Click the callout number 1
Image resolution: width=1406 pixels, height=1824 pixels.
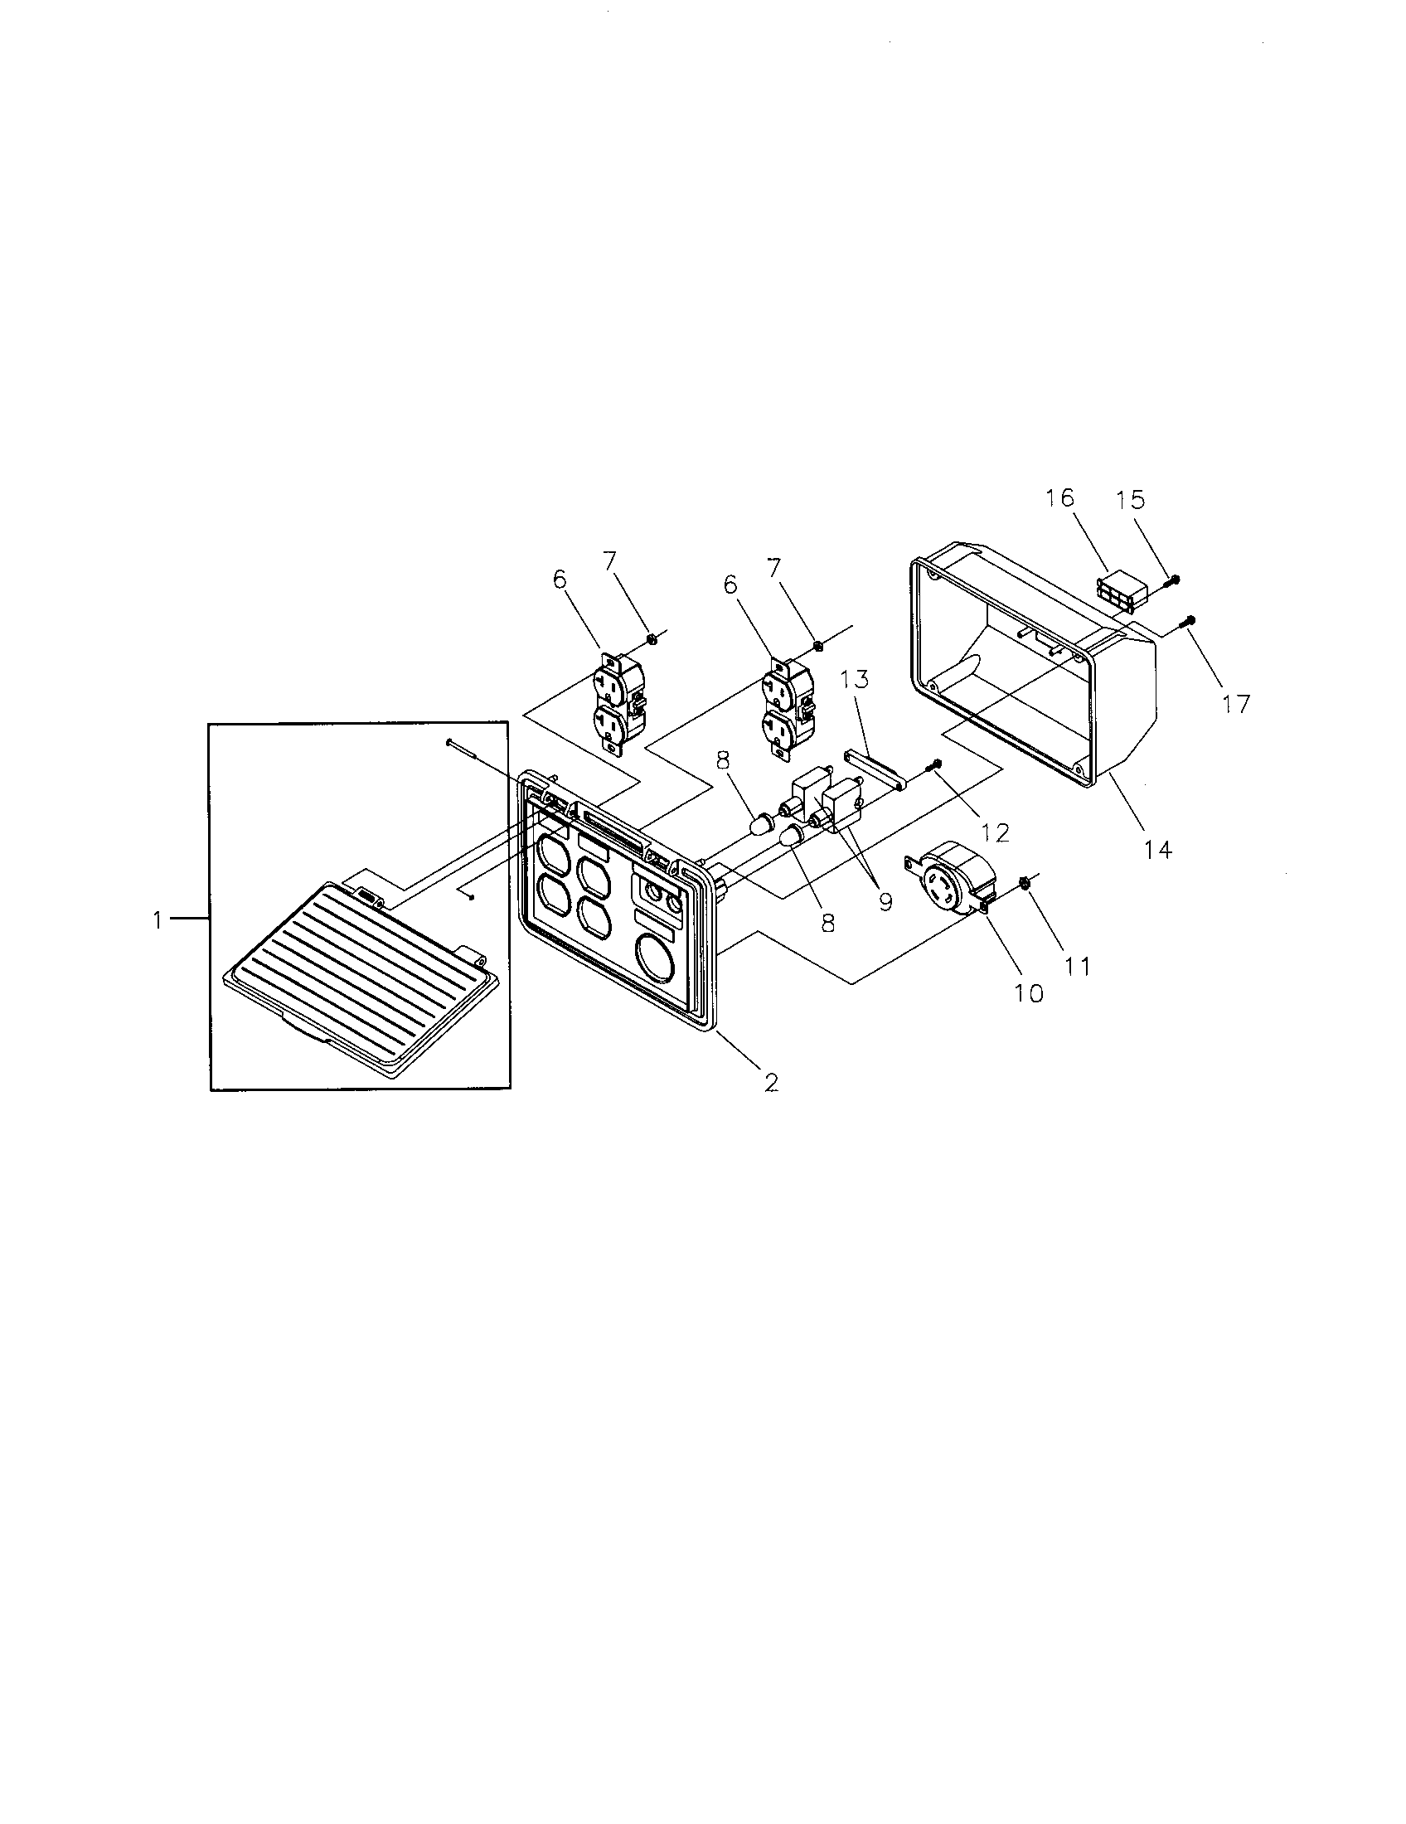(x=156, y=920)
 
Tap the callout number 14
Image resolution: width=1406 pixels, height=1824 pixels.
(x=1158, y=849)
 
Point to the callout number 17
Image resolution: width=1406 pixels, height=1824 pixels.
(x=1237, y=704)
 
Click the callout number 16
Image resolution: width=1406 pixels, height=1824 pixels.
(x=1059, y=498)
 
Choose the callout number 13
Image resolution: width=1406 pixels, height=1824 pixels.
(x=855, y=679)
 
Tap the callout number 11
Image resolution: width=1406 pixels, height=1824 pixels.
(x=1077, y=966)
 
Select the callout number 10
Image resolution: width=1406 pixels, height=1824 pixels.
(x=1029, y=993)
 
